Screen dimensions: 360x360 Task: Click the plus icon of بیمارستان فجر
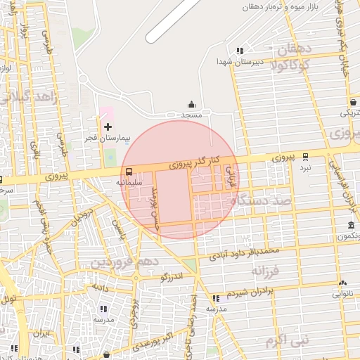tap(108, 127)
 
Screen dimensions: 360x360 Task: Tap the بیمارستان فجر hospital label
tap(108, 139)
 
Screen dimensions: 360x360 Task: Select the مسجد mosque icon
tap(191, 103)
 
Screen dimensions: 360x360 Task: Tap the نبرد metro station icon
tap(305, 157)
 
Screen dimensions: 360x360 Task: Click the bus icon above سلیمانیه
tap(129, 172)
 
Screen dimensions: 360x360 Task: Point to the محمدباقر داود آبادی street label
tap(249, 251)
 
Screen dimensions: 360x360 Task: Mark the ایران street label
tap(45, 333)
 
